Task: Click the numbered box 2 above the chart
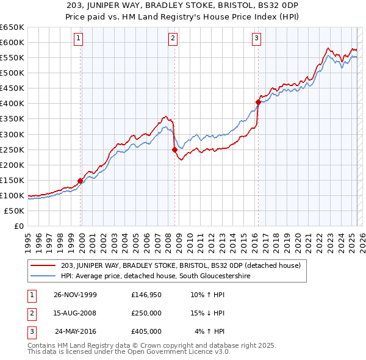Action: [173, 38]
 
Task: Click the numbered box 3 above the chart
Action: [256, 38]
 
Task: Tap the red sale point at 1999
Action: [81, 181]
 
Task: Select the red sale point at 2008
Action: [174, 149]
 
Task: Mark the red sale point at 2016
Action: [258, 102]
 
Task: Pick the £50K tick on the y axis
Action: [15, 211]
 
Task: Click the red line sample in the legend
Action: [43, 265]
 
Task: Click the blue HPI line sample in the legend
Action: [43, 276]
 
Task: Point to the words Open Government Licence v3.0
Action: [183, 352]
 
